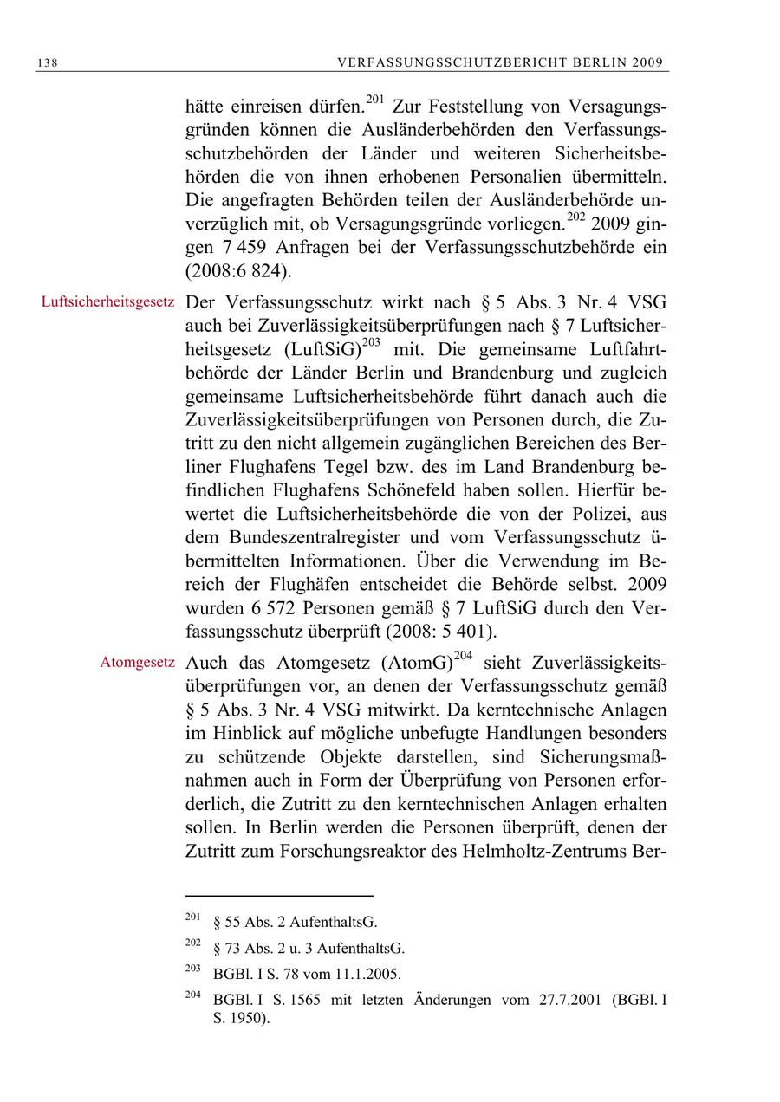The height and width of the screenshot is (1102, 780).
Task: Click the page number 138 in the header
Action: pyautogui.click(x=45, y=62)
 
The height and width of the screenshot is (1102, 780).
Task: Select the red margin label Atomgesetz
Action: pyautogui.click(x=138, y=663)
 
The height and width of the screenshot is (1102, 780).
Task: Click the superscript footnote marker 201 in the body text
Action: pyautogui.click(x=374, y=100)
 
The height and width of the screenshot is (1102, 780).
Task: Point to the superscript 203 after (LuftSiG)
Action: pyautogui.click(x=372, y=342)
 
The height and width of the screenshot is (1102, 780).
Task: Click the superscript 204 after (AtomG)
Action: pyautogui.click(x=463, y=656)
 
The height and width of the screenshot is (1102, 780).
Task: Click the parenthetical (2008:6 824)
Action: pyautogui.click(x=239, y=271)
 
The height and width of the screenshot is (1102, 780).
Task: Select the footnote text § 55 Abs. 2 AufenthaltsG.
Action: pyautogui.click(x=295, y=922)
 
